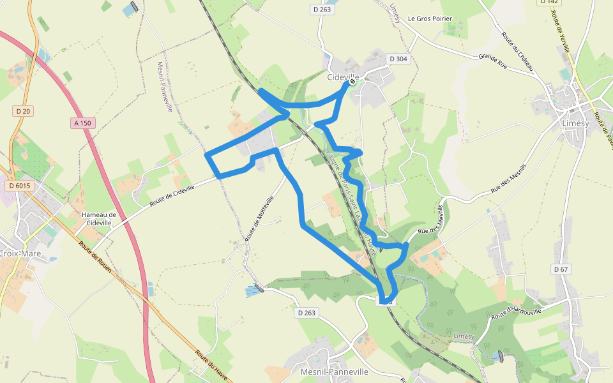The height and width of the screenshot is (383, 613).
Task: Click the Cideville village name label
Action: pyautogui.click(x=343, y=77)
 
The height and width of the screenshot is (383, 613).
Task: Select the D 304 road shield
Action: pyautogui.click(x=398, y=59)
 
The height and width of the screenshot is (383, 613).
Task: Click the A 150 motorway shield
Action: pyautogui.click(x=83, y=123)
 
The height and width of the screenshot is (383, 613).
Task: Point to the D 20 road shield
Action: pyautogui.click(x=23, y=111)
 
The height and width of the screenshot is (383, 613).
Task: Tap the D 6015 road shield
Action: pyautogui.click(x=20, y=185)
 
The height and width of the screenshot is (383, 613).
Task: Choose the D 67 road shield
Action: pyautogui.click(x=561, y=269)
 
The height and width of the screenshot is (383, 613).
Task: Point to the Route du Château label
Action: pyautogui.click(x=517, y=50)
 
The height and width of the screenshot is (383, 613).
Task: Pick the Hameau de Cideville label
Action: pyautogui.click(x=99, y=219)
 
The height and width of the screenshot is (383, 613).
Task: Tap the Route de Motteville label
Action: pyautogui.click(x=260, y=218)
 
